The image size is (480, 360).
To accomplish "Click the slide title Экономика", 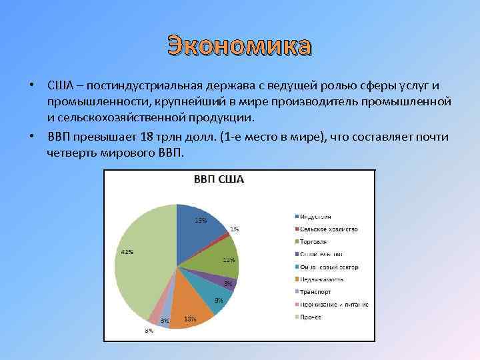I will coord(239,47).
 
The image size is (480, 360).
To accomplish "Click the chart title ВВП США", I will coord(218,179).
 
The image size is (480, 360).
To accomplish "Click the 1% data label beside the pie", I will coord(235,229).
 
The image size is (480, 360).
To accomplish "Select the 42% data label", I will coord(126,252).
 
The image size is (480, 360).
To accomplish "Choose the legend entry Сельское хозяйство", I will coord(329,229).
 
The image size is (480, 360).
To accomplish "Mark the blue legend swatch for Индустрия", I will coord(295,216).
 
